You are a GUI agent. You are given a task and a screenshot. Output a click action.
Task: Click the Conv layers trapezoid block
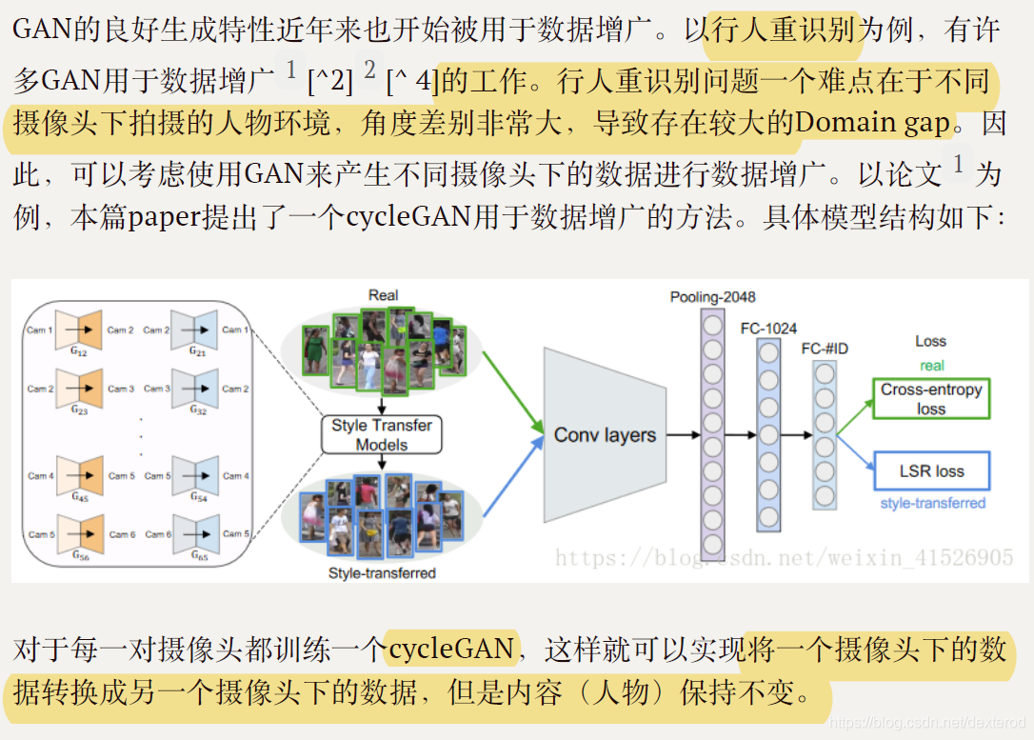pyautogui.click(x=604, y=435)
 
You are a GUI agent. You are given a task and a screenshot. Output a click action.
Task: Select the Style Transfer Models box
pyautogui.click(x=381, y=434)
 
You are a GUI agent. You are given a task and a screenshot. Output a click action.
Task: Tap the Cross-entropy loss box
pyautogui.click(x=930, y=398)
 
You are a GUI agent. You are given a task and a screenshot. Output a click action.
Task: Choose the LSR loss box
pyautogui.click(x=930, y=470)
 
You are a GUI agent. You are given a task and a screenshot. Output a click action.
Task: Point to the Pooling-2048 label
pyautogui.click(x=711, y=297)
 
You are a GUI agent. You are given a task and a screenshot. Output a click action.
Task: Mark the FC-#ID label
pyautogui.click(x=824, y=350)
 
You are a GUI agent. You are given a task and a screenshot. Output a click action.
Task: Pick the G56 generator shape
pyautogui.click(x=80, y=534)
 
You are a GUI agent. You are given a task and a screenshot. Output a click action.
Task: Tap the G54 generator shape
pyautogui.click(x=196, y=475)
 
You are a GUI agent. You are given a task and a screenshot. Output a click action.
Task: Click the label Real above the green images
pyautogui.click(x=383, y=295)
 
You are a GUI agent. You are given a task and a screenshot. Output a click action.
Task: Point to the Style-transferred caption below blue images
pyautogui.click(x=382, y=573)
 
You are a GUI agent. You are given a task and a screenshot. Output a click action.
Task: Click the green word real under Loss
pyautogui.click(x=931, y=366)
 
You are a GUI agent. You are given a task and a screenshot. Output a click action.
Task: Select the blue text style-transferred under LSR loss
pyautogui.click(x=932, y=503)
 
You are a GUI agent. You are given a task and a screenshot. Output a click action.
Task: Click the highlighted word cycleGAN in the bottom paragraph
pyautogui.click(x=452, y=650)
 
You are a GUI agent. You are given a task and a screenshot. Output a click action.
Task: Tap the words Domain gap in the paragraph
pyautogui.click(x=872, y=123)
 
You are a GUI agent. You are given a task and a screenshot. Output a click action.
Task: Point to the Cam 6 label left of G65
pyautogui.click(x=157, y=534)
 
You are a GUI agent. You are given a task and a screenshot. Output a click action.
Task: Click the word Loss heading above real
pyautogui.click(x=930, y=341)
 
